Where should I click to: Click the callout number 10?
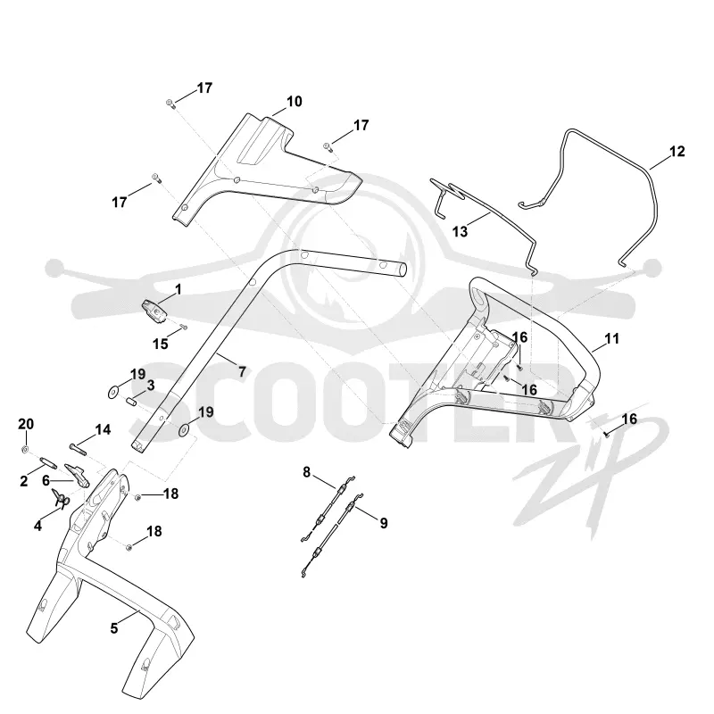pyautogui.click(x=295, y=102)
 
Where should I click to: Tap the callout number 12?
pyautogui.click(x=677, y=151)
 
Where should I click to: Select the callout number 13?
pyautogui.click(x=460, y=232)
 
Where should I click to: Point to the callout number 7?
pyautogui.click(x=242, y=371)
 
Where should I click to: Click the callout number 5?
pyautogui.click(x=114, y=628)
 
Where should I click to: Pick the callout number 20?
pyautogui.click(x=26, y=424)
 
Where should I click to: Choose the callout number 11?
pyautogui.click(x=612, y=339)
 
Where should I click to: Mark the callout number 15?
pyautogui.click(x=161, y=344)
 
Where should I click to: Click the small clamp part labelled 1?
pyautogui.click(x=154, y=311)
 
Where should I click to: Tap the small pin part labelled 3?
pyautogui.click(x=131, y=403)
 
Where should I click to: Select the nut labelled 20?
pyautogui.click(x=26, y=450)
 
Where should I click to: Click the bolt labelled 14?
pyautogui.click(x=79, y=448)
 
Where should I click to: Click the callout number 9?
pyautogui.click(x=384, y=524)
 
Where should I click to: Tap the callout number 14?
pyautogui.click(x=103, y=429)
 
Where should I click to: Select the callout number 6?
pyautogui.click(x=46, y=480)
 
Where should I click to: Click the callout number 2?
pyautogui.click(x=24, y=481)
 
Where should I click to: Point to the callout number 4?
pyautogui.click(x=37, y=526)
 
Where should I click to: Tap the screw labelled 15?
pyautogui.click(x=183, y=327)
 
